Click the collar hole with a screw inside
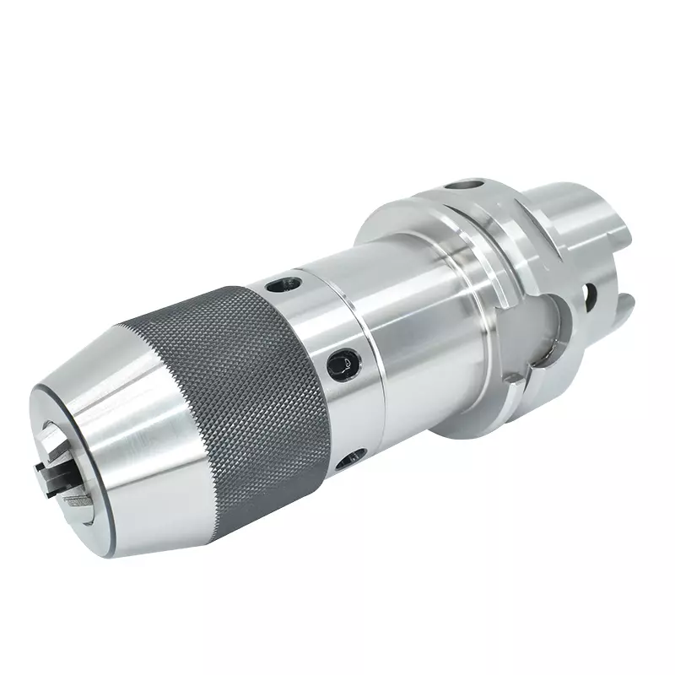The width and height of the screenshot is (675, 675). pos(343,361)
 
